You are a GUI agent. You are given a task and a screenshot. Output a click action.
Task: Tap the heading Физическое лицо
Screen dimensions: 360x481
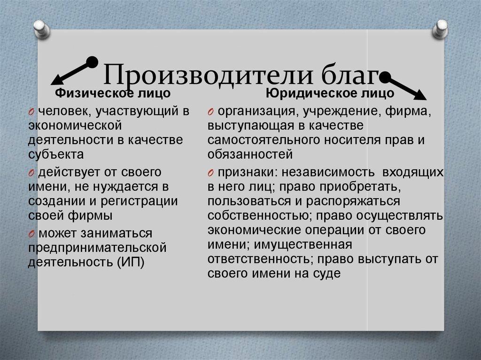tap(113, 93)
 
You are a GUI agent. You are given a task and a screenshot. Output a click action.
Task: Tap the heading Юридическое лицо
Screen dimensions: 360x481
tap(330, 93)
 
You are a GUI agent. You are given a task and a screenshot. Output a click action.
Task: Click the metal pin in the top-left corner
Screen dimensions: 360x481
tap(42, 28)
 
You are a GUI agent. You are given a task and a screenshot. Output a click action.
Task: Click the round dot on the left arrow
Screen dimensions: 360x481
tap(93, 61)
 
